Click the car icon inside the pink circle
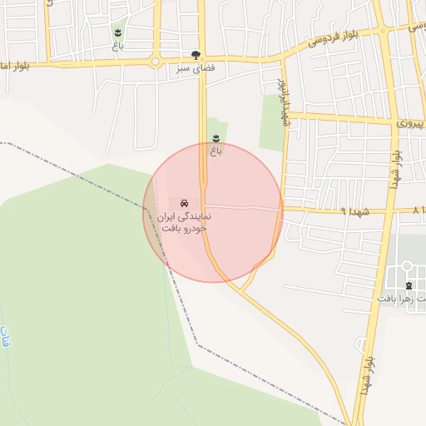[x=183, y=203]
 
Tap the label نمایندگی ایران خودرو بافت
[x=182, y=221]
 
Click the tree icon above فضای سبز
[x=196, y=55]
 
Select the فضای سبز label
[x=196, y=69]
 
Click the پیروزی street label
[x=410, y=123]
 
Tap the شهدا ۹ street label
[x=354, y=211]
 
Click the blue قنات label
[x=7, y=341]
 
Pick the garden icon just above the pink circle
[x=216, y=138]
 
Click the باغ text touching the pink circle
[x=216, y=151]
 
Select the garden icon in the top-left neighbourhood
[x=118, y=33]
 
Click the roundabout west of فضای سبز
[x=155, y=62]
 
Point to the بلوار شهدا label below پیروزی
[x=397, y=170]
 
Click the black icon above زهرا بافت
[x=408, y=286]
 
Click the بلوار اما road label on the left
[x=15, y=66]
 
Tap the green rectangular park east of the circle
[x=271, y=123]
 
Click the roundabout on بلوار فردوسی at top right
[x=383, y=31]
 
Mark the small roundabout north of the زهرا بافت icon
[x=407, y=267]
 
